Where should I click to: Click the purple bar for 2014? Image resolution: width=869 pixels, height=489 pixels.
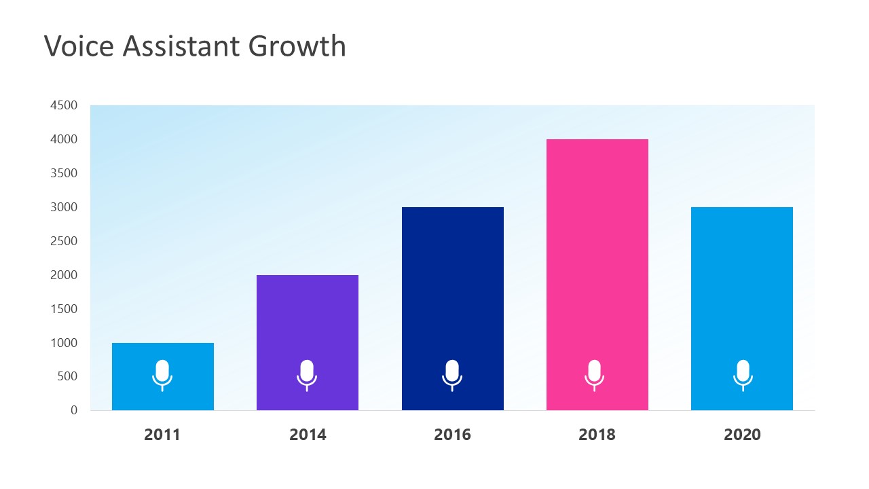tap(307, 319)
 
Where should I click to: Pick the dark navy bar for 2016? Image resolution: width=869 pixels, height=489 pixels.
tap(452, 285)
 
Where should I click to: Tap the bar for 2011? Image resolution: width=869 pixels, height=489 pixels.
tap(162, 353)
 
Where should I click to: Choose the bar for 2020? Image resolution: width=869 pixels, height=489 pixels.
tap(741, 285)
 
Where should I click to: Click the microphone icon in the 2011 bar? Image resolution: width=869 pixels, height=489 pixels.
tap(162, 375)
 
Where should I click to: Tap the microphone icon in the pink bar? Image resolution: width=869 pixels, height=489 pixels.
tap(594, 375)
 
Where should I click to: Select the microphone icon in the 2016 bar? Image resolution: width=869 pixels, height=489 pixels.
tap(452, 375)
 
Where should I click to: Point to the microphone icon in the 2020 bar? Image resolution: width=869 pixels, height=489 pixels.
tap(743, 375)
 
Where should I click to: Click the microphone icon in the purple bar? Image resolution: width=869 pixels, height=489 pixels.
tap(307, 375)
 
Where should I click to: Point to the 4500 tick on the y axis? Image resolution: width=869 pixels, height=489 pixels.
tap(63, 105)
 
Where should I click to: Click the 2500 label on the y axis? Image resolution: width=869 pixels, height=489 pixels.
tap(63, 241)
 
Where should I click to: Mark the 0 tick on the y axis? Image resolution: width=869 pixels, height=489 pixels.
tap(73, 410)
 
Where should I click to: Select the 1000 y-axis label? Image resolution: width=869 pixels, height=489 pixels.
tap(63, 343)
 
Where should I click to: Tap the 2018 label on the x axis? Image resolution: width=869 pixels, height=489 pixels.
tap(597, 435)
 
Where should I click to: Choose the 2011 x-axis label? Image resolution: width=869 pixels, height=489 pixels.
tap(162, 435)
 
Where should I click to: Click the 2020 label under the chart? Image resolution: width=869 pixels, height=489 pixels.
tap(742, 435)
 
